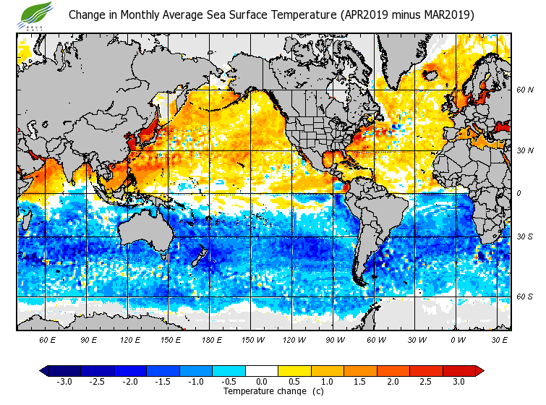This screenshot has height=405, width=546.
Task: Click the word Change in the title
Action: point(86,14)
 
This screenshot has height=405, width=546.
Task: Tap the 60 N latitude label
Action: point(525,90)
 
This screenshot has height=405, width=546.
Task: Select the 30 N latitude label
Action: point(525,150)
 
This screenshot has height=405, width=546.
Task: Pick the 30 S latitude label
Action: point(525,236)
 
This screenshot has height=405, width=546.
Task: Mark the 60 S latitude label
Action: point(525,297)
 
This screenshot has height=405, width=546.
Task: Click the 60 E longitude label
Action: point(48,339)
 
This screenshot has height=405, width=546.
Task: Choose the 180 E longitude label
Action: point(211,339)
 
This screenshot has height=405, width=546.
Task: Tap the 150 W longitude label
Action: point(252,339)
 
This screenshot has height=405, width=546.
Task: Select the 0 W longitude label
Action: point(457,339)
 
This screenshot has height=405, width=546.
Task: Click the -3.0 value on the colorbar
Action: point(64,381)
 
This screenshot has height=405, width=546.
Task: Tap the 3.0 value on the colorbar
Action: point(458,381)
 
